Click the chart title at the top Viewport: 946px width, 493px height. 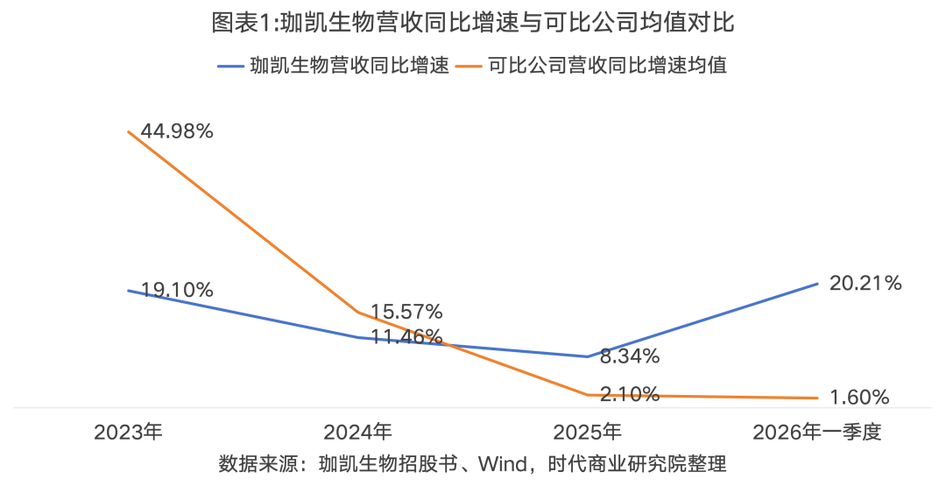(x=473, y=22)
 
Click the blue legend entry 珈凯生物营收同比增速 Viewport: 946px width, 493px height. (x=334, y=65)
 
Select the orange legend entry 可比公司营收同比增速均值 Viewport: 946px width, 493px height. (x=591, y=65)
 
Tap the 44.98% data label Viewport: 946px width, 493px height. (x=177, y=131)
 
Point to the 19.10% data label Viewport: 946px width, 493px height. (x=177, y=290)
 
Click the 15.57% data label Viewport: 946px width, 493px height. (x=406, y=312)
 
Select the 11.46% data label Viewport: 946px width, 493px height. (x=406, y=336)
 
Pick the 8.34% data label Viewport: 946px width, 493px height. (x=629, y=356)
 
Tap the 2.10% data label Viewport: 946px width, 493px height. (x=629, y=394)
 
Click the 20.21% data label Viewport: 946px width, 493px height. (x=865, y=283)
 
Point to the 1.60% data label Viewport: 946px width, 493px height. (x=859, y=397)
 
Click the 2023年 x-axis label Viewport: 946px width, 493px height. (x=129, y=432)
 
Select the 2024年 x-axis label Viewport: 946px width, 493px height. (x=357, y=432)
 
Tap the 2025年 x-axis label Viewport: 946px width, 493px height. (x=588, y=432)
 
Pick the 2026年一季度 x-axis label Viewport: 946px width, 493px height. (x=817, y=432)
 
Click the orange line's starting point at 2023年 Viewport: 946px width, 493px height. (x=129, y=131)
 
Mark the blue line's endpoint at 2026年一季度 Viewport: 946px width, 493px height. (x=817, y=283)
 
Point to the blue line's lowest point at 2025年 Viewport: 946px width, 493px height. (x=588, y=356)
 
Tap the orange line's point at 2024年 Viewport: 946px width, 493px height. (x=357, y=312)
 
